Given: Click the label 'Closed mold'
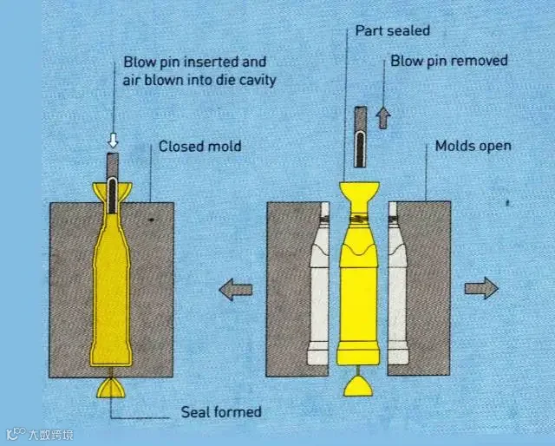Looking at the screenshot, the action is (199, 147).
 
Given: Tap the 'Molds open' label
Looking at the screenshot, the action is (473, 146).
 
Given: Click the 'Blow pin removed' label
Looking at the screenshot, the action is (448, 61).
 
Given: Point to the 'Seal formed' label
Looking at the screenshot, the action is (220, 411).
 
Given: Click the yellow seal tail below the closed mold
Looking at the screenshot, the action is (112, 387).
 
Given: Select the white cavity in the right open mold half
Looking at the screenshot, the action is (397, 286).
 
